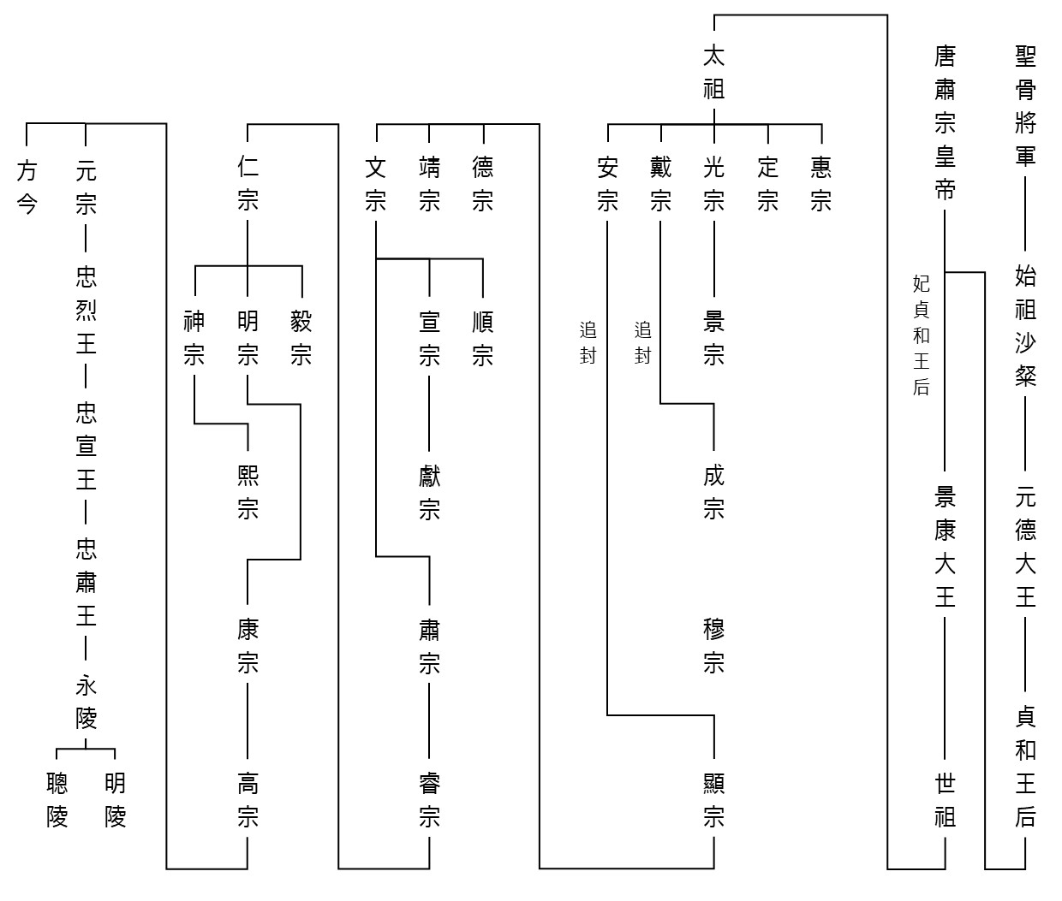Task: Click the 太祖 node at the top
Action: [713, 73]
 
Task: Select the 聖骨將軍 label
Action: [1025, 106]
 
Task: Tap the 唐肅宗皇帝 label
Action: [945, 123]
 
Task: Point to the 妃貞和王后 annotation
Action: [921, 335]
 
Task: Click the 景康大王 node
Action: [945, 547]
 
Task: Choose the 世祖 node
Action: [945, 800]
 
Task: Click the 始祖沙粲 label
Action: [1025, 326]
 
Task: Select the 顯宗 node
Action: [713, 800]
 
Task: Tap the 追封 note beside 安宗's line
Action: [588, 342]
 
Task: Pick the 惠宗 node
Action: [821, 184]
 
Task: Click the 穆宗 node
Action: [713, 646]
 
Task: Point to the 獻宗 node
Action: [429, 493]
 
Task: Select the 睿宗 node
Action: [429, 800]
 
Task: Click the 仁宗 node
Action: [248, 184]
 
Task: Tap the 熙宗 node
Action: [248, 493]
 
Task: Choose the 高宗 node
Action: [248, 800]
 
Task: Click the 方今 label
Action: [27, 187]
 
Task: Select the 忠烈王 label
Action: [87, 310]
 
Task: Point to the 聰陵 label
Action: [57, 800]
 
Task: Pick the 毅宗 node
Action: [301, 338]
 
